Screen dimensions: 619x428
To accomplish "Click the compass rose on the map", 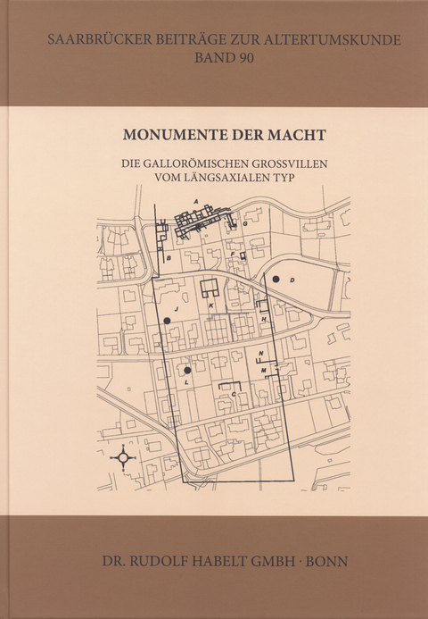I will coord(123,457).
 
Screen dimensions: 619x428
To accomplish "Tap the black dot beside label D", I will coord(276,280).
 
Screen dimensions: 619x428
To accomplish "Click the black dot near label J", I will coord(167,320).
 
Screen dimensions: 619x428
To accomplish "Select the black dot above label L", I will coord(187,370).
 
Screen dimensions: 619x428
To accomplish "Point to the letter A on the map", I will coord(195,203).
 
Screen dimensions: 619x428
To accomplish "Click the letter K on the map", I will coord(210,306).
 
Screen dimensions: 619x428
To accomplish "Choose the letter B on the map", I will coord(169,258).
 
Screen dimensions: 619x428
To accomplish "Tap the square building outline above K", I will coord(211,289).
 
